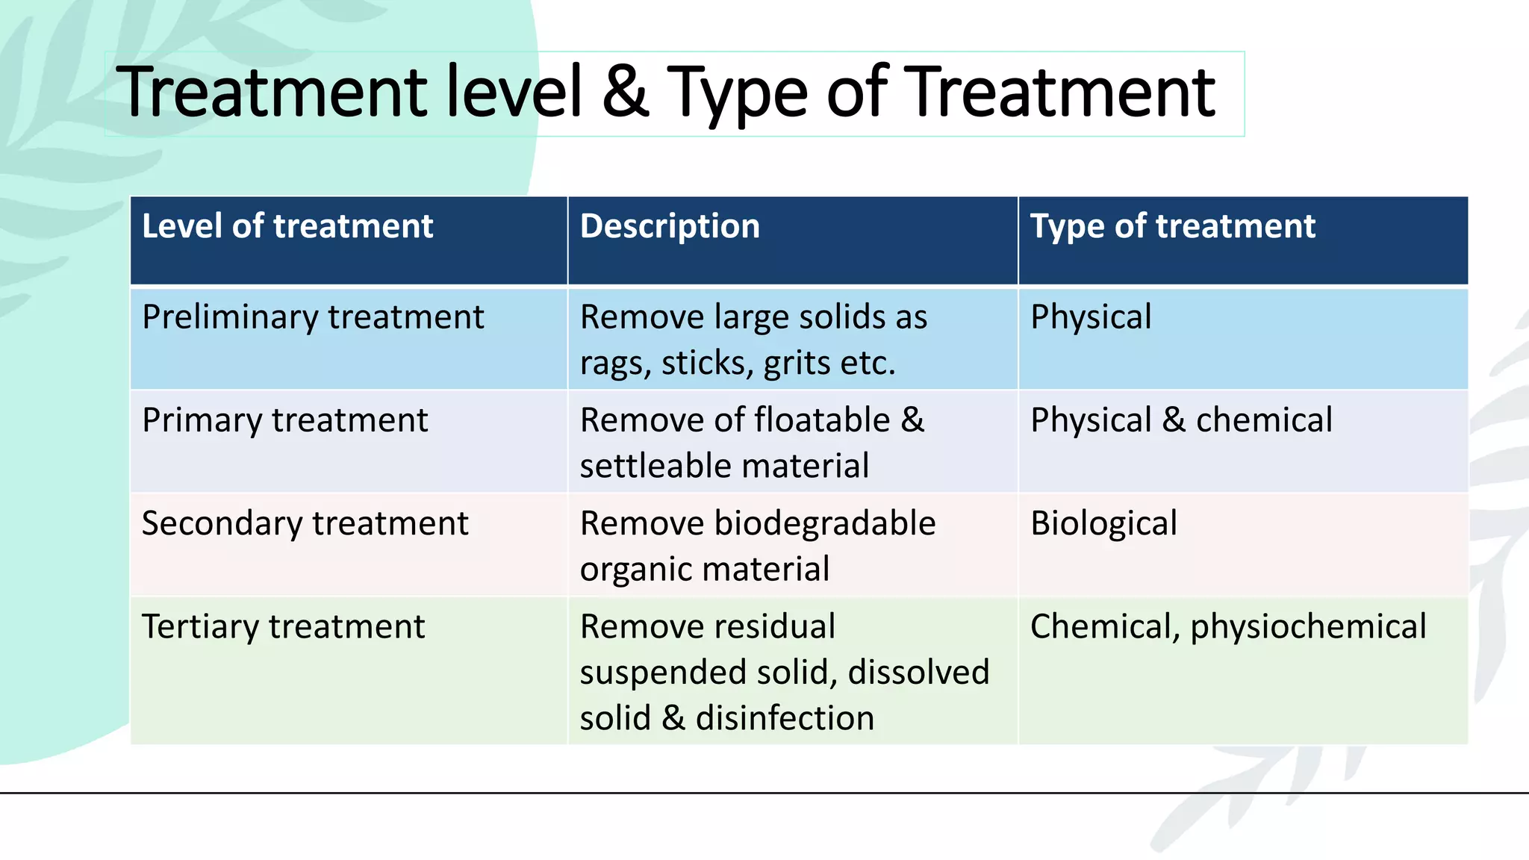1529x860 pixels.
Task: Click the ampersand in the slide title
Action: [x=626, y=93]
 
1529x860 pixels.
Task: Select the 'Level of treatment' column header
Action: [x=287, y=226]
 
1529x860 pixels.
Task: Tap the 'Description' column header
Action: [x=670, y=226]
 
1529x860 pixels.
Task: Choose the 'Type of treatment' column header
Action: [x=1172, y=226]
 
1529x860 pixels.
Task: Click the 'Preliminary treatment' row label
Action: [x=313, y=317]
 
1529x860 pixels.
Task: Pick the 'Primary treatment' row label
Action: [x=284, y=420]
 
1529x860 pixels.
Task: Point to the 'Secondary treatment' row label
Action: [x=305, y=523]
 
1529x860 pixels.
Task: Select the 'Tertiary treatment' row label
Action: [x=283, y=626]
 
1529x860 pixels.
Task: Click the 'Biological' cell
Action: [x=1103, y=523]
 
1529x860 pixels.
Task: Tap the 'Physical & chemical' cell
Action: [x=1181, y=420]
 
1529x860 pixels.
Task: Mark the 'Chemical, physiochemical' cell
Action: [x=1228, y=626]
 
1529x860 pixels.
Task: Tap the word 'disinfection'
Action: [x=785, y=718]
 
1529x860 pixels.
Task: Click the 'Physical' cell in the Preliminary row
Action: [x=1091, y=317]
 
